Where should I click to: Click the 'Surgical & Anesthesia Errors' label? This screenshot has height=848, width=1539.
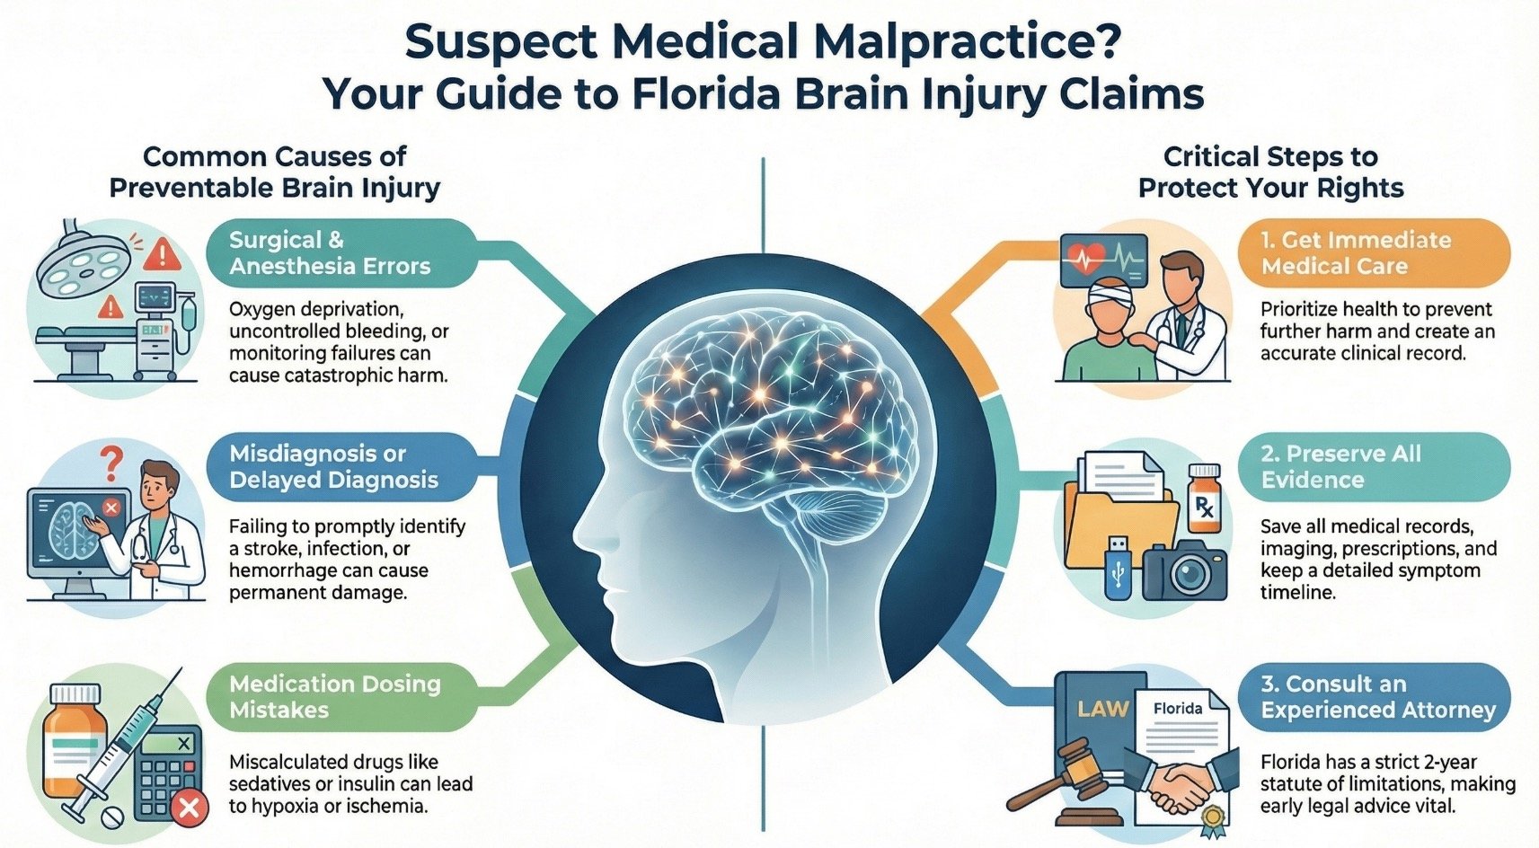coord(330,253)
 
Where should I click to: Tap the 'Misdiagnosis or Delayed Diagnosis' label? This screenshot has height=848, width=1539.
coord(333,467)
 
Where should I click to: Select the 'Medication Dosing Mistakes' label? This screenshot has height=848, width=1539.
coord(334,697)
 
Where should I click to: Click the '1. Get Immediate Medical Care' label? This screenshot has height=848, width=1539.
coord(1356,253)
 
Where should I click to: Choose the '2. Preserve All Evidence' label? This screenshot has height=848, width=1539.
coord(1340,467)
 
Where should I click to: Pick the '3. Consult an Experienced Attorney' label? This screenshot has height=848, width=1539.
coord(1377,697)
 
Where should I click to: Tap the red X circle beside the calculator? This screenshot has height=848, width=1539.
coord(189,808)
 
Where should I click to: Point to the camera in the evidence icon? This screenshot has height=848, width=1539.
coord(1184,570)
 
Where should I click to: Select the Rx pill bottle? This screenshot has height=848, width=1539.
coord(1203,503)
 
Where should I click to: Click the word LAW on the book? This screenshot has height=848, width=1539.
coord(1102,709)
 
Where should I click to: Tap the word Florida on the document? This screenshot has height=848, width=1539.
coord(1177,709)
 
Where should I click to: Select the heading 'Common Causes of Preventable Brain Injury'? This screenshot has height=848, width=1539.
coord(274,172)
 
